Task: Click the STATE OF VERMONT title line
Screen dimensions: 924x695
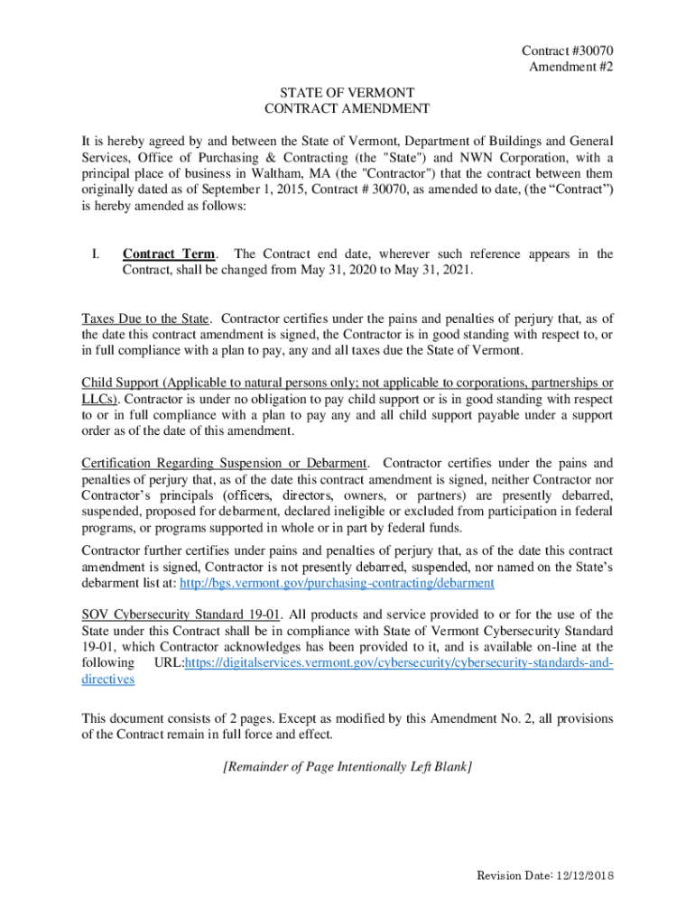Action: (x=347, y=92)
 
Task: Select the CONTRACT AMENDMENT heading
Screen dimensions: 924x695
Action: (x=347, y=108)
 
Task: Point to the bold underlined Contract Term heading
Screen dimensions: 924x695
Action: (x=171, y=254)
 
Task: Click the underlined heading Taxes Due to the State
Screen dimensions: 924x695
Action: (x=146, y=319)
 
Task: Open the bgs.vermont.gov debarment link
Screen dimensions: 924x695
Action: (x=338, y=583)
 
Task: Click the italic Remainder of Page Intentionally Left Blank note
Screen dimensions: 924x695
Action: (x=347, y=767)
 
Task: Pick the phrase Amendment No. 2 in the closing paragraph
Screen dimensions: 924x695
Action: (x=445, y=718)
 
